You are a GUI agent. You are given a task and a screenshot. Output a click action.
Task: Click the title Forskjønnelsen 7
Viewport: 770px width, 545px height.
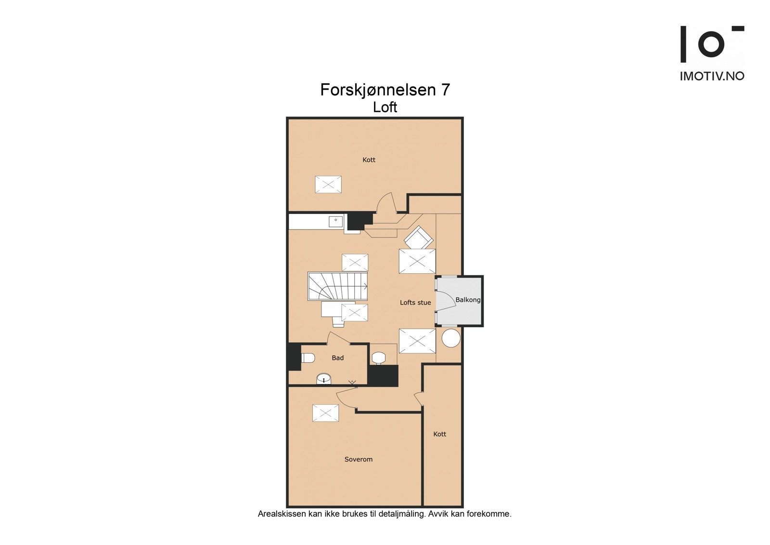385,90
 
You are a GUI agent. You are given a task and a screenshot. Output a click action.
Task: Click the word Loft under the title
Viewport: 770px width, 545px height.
385,107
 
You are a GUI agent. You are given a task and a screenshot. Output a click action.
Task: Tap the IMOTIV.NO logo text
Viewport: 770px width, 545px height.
712,76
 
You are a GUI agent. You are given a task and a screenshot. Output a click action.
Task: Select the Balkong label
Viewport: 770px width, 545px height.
468,300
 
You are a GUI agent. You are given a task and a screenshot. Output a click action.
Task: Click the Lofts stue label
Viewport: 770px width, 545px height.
415,303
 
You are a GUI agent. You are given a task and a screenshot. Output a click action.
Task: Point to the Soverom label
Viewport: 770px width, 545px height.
359,459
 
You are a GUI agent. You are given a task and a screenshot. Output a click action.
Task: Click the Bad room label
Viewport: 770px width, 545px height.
338,358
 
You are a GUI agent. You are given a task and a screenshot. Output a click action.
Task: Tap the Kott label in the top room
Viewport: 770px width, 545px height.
369,160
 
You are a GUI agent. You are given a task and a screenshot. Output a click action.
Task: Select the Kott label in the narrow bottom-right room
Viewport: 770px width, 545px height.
439,434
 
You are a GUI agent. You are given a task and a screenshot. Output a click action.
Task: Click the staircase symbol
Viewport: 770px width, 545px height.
337,286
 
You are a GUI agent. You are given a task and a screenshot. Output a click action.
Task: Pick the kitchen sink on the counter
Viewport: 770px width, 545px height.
335,222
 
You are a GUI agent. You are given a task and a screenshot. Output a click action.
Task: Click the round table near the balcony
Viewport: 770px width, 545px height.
451,338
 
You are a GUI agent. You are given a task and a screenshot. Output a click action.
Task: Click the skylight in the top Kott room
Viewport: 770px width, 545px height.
328,185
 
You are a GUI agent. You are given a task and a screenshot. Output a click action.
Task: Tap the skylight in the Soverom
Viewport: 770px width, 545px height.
326,413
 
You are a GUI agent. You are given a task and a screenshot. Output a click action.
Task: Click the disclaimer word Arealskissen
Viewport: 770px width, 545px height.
282,514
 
